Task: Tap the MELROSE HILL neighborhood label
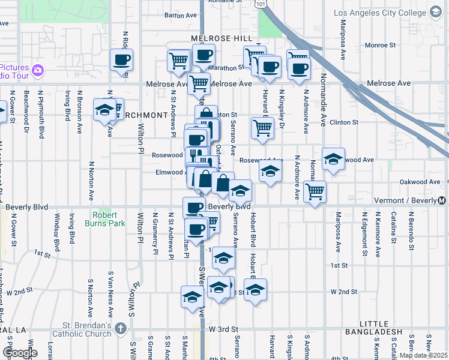coord(221,38)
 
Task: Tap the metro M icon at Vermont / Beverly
coord(443,200)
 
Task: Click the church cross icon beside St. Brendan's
coord(121,328)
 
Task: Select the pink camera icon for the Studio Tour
coord(38,71)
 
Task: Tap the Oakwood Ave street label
coord(420,182)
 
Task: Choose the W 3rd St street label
coord(224,329)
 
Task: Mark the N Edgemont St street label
coord(365,229)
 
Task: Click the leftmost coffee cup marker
coord(121,60)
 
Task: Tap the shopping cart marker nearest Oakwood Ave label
coord(315,192)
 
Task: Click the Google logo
coord(20,353)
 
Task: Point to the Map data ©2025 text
coord(423,355)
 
